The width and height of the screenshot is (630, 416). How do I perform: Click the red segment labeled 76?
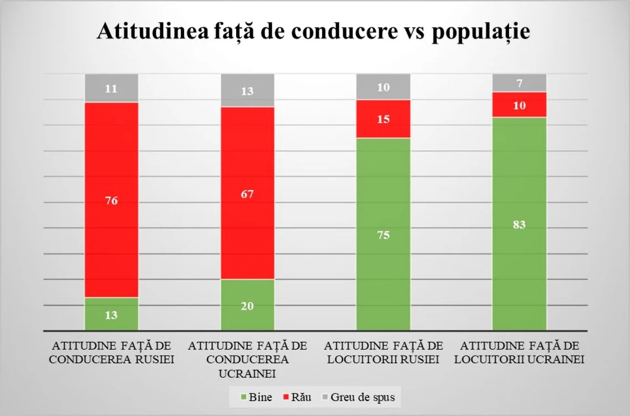111,200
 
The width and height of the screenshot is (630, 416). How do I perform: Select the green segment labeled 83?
519,224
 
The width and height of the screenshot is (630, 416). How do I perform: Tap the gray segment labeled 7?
519,83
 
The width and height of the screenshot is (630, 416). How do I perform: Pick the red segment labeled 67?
247,193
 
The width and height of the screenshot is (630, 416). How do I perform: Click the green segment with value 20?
247,305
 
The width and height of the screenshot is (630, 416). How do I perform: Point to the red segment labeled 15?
383,119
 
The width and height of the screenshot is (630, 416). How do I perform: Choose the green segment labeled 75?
383,234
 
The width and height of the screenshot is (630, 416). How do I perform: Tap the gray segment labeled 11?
111,88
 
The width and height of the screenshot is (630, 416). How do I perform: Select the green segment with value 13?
111,314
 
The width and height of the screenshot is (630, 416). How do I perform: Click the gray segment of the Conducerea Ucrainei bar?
247,90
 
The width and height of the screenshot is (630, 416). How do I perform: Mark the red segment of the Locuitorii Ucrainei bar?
519,105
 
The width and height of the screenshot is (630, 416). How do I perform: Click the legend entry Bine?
256,397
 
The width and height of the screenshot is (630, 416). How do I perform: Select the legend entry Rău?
297,397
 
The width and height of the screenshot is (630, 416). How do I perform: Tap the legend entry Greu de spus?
359,397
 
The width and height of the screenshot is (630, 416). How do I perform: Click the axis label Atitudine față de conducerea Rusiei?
111,352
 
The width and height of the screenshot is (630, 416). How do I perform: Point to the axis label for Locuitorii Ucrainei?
519,352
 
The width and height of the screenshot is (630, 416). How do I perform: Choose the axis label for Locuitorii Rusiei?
383,352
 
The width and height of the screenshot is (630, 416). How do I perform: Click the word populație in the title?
481,32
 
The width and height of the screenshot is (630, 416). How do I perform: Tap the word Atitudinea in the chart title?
153,31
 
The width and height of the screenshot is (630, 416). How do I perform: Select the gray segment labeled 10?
383,87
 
